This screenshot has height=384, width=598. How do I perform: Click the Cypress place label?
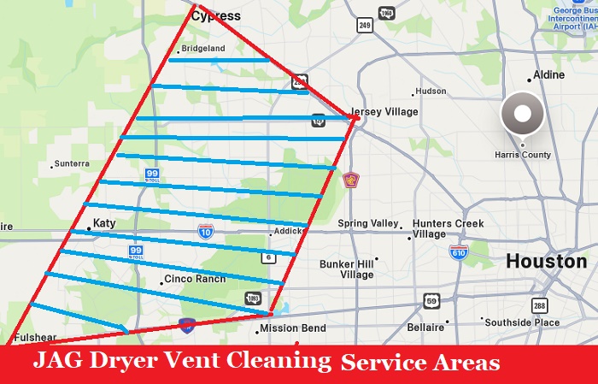click(215, 15)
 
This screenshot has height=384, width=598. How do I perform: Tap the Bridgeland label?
click(202, 49)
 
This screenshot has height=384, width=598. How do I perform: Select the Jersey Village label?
click(385, 112)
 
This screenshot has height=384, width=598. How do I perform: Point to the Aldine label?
click(548, 75)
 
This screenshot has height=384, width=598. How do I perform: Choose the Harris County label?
click(523, 155)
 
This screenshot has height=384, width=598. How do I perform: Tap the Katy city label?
click(103, 223)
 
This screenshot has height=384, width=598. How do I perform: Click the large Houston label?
click(546, 261)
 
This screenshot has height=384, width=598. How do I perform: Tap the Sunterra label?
click(71, 163)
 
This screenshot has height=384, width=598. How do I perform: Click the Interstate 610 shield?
click(459, 252)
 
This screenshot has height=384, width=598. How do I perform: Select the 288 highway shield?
click(538, 304)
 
